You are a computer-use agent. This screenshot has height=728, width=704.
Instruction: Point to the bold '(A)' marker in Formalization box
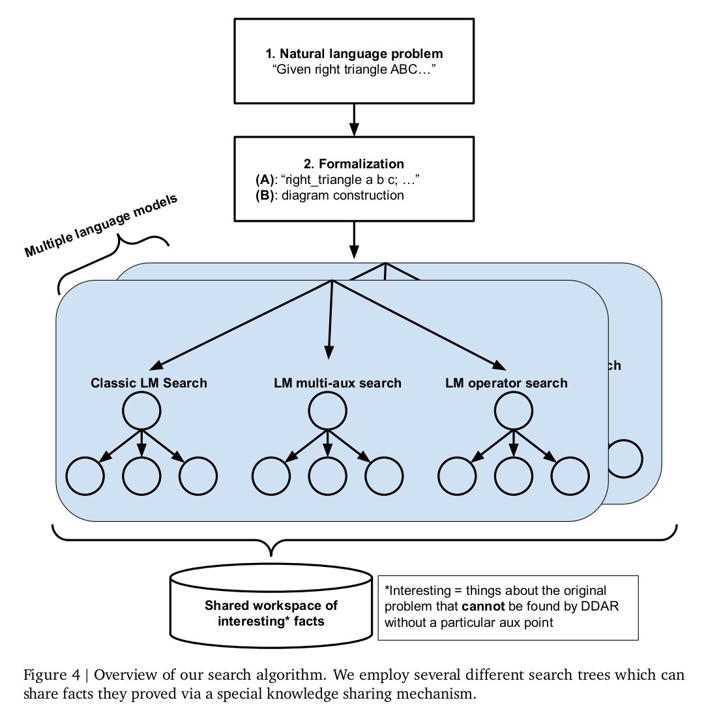(x=265, y=179)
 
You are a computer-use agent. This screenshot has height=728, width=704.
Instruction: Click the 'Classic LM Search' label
(x=149, y=383)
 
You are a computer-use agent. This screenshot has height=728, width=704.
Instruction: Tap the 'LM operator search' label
(x=506, y=383)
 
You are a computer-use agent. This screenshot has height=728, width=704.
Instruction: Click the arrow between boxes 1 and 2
(x=353, y=119)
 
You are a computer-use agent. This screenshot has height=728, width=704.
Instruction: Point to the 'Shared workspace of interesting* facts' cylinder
(x=271, y=606)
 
